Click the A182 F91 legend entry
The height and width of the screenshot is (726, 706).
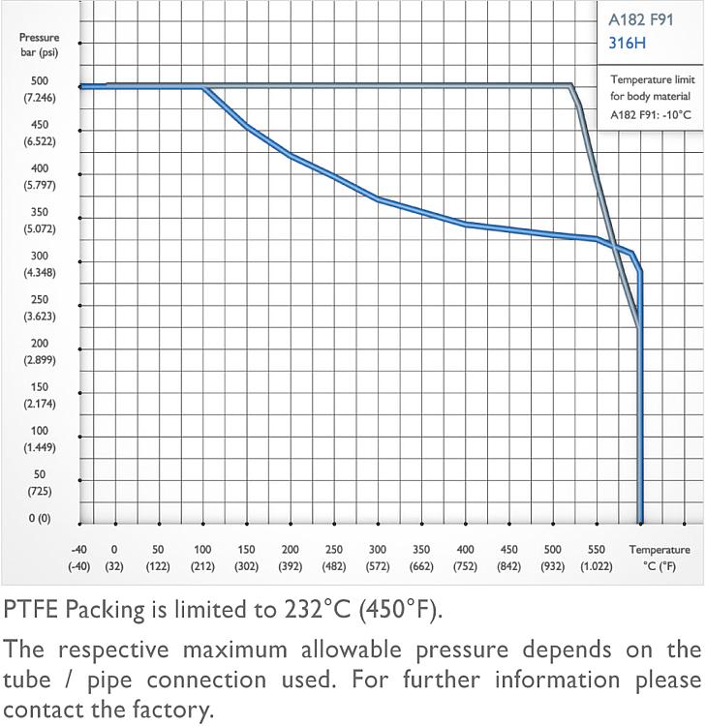pyautogui.click(x=640, y=19)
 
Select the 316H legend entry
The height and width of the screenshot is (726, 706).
pyautogui.click(x=627, y=43)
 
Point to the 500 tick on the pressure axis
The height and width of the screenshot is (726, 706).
pyautogui.click(x=39, y=81)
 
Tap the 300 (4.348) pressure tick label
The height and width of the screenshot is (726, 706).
pyautogui.click(x=39, y=263)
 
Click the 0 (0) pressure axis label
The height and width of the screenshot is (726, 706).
pyautogui.click(x=39, y=518)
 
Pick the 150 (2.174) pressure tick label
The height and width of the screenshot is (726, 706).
pyautogui.click(x=39, y=395)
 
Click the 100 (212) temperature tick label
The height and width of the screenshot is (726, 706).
pyautogui.click(x=202, y=558)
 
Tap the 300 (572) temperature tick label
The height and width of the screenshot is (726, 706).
pyautogui.click(x=378, y=558)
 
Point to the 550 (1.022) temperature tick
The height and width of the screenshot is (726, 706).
pyautogui.click(x=597, y=558)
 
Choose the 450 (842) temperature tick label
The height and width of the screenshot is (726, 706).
pyautogui.click(x=509, y=558)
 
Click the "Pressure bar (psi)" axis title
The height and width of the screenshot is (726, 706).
pyautogui.click(x=39, y=45)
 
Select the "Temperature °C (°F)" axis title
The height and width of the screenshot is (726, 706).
pyautogui.click(x=660, y=558)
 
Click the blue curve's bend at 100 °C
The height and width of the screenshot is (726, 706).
pyautogui.click(x=205, y=88)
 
